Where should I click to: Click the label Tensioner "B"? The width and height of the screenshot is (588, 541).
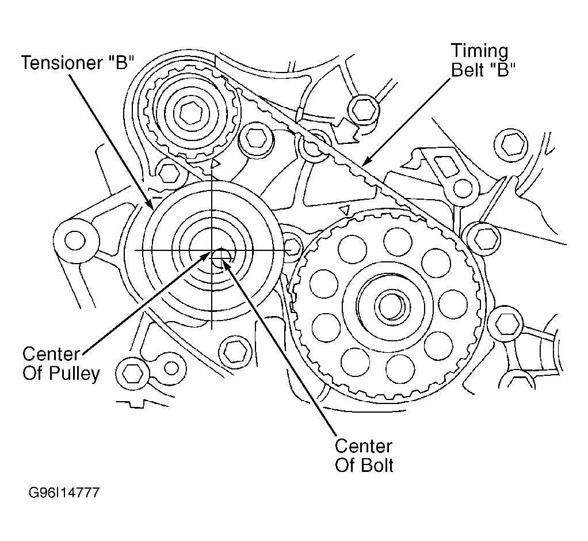78,63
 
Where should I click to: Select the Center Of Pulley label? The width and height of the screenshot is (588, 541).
61,363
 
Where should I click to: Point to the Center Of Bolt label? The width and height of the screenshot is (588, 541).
364,455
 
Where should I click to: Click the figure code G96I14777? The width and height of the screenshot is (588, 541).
62,493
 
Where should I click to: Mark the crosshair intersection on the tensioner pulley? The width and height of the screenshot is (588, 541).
212,250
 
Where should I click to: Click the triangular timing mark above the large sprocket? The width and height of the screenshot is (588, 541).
346,208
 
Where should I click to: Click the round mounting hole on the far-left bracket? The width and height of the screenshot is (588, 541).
74,239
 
